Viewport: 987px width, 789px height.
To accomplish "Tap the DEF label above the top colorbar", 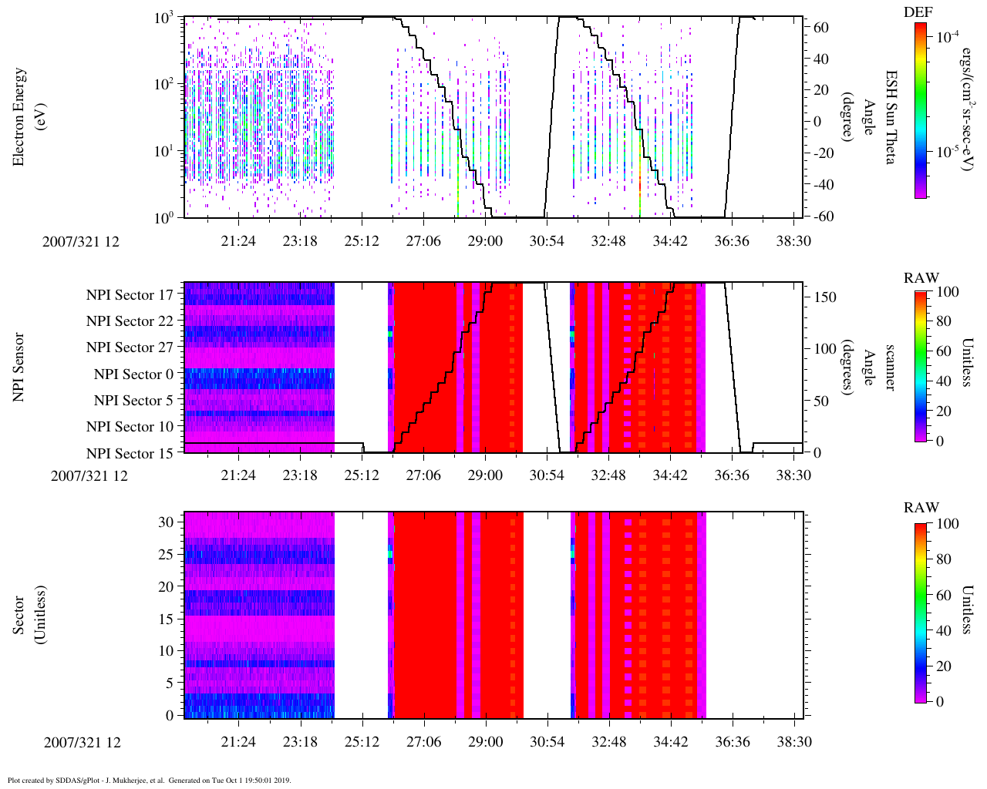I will click(x=918, y=12).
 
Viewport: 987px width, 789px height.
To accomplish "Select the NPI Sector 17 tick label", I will click(x=130, y=295).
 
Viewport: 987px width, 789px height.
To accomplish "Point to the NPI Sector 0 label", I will click(x=133, y=374).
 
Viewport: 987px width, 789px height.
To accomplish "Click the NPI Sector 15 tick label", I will click(x=130, y=454).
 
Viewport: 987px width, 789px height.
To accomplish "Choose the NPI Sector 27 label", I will click(x=130, y=348).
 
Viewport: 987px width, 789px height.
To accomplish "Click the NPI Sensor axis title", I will click(x=19, y=367).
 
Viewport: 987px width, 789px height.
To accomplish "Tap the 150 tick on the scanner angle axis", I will click(x=825, y=297).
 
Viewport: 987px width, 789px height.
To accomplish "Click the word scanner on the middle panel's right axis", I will click(x=890, y=368).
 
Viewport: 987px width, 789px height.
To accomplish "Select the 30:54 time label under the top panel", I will click(x=547, y=241).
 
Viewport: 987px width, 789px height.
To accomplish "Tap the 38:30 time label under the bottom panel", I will click(x=794, y=742).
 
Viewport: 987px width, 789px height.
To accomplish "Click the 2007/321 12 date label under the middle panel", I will click(x=89, y=475).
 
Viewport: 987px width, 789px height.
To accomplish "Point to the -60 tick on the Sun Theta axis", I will click(x=822, y=217).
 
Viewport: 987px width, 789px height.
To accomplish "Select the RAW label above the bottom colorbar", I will click(x=921, y=508).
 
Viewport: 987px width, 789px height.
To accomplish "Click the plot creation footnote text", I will click(x=150, y=780).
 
